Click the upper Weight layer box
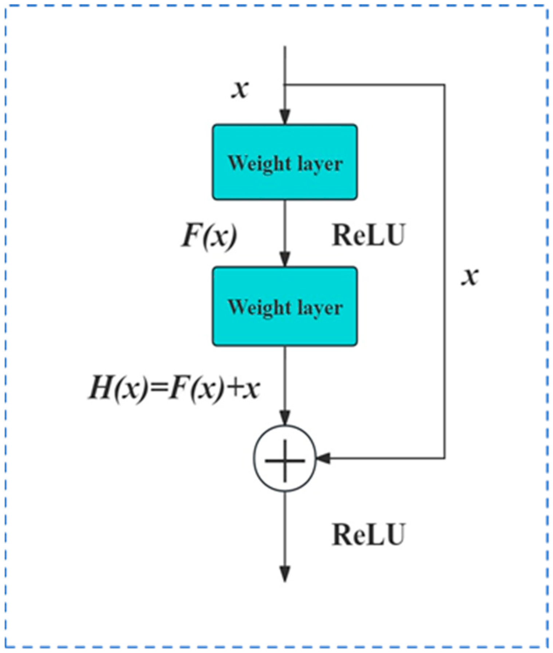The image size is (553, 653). tap(285, 162)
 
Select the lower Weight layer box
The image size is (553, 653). tap(285, 306)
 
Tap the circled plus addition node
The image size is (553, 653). tap(285, 459)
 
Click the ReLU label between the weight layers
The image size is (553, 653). tap(368, 235)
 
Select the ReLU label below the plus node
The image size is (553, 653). tap(368, 534)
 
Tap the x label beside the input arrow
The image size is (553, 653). tap(240, 89)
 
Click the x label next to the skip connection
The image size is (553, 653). tap(470, 277)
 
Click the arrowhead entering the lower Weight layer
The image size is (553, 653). tap(285, 259)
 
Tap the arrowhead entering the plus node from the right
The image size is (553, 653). tap(323, 458)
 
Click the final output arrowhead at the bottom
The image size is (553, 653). tap(285, 574)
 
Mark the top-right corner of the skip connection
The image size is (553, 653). tap(445, 85)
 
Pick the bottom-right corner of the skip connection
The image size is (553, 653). tap(445, 458)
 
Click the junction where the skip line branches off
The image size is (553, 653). tap(285, 85)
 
